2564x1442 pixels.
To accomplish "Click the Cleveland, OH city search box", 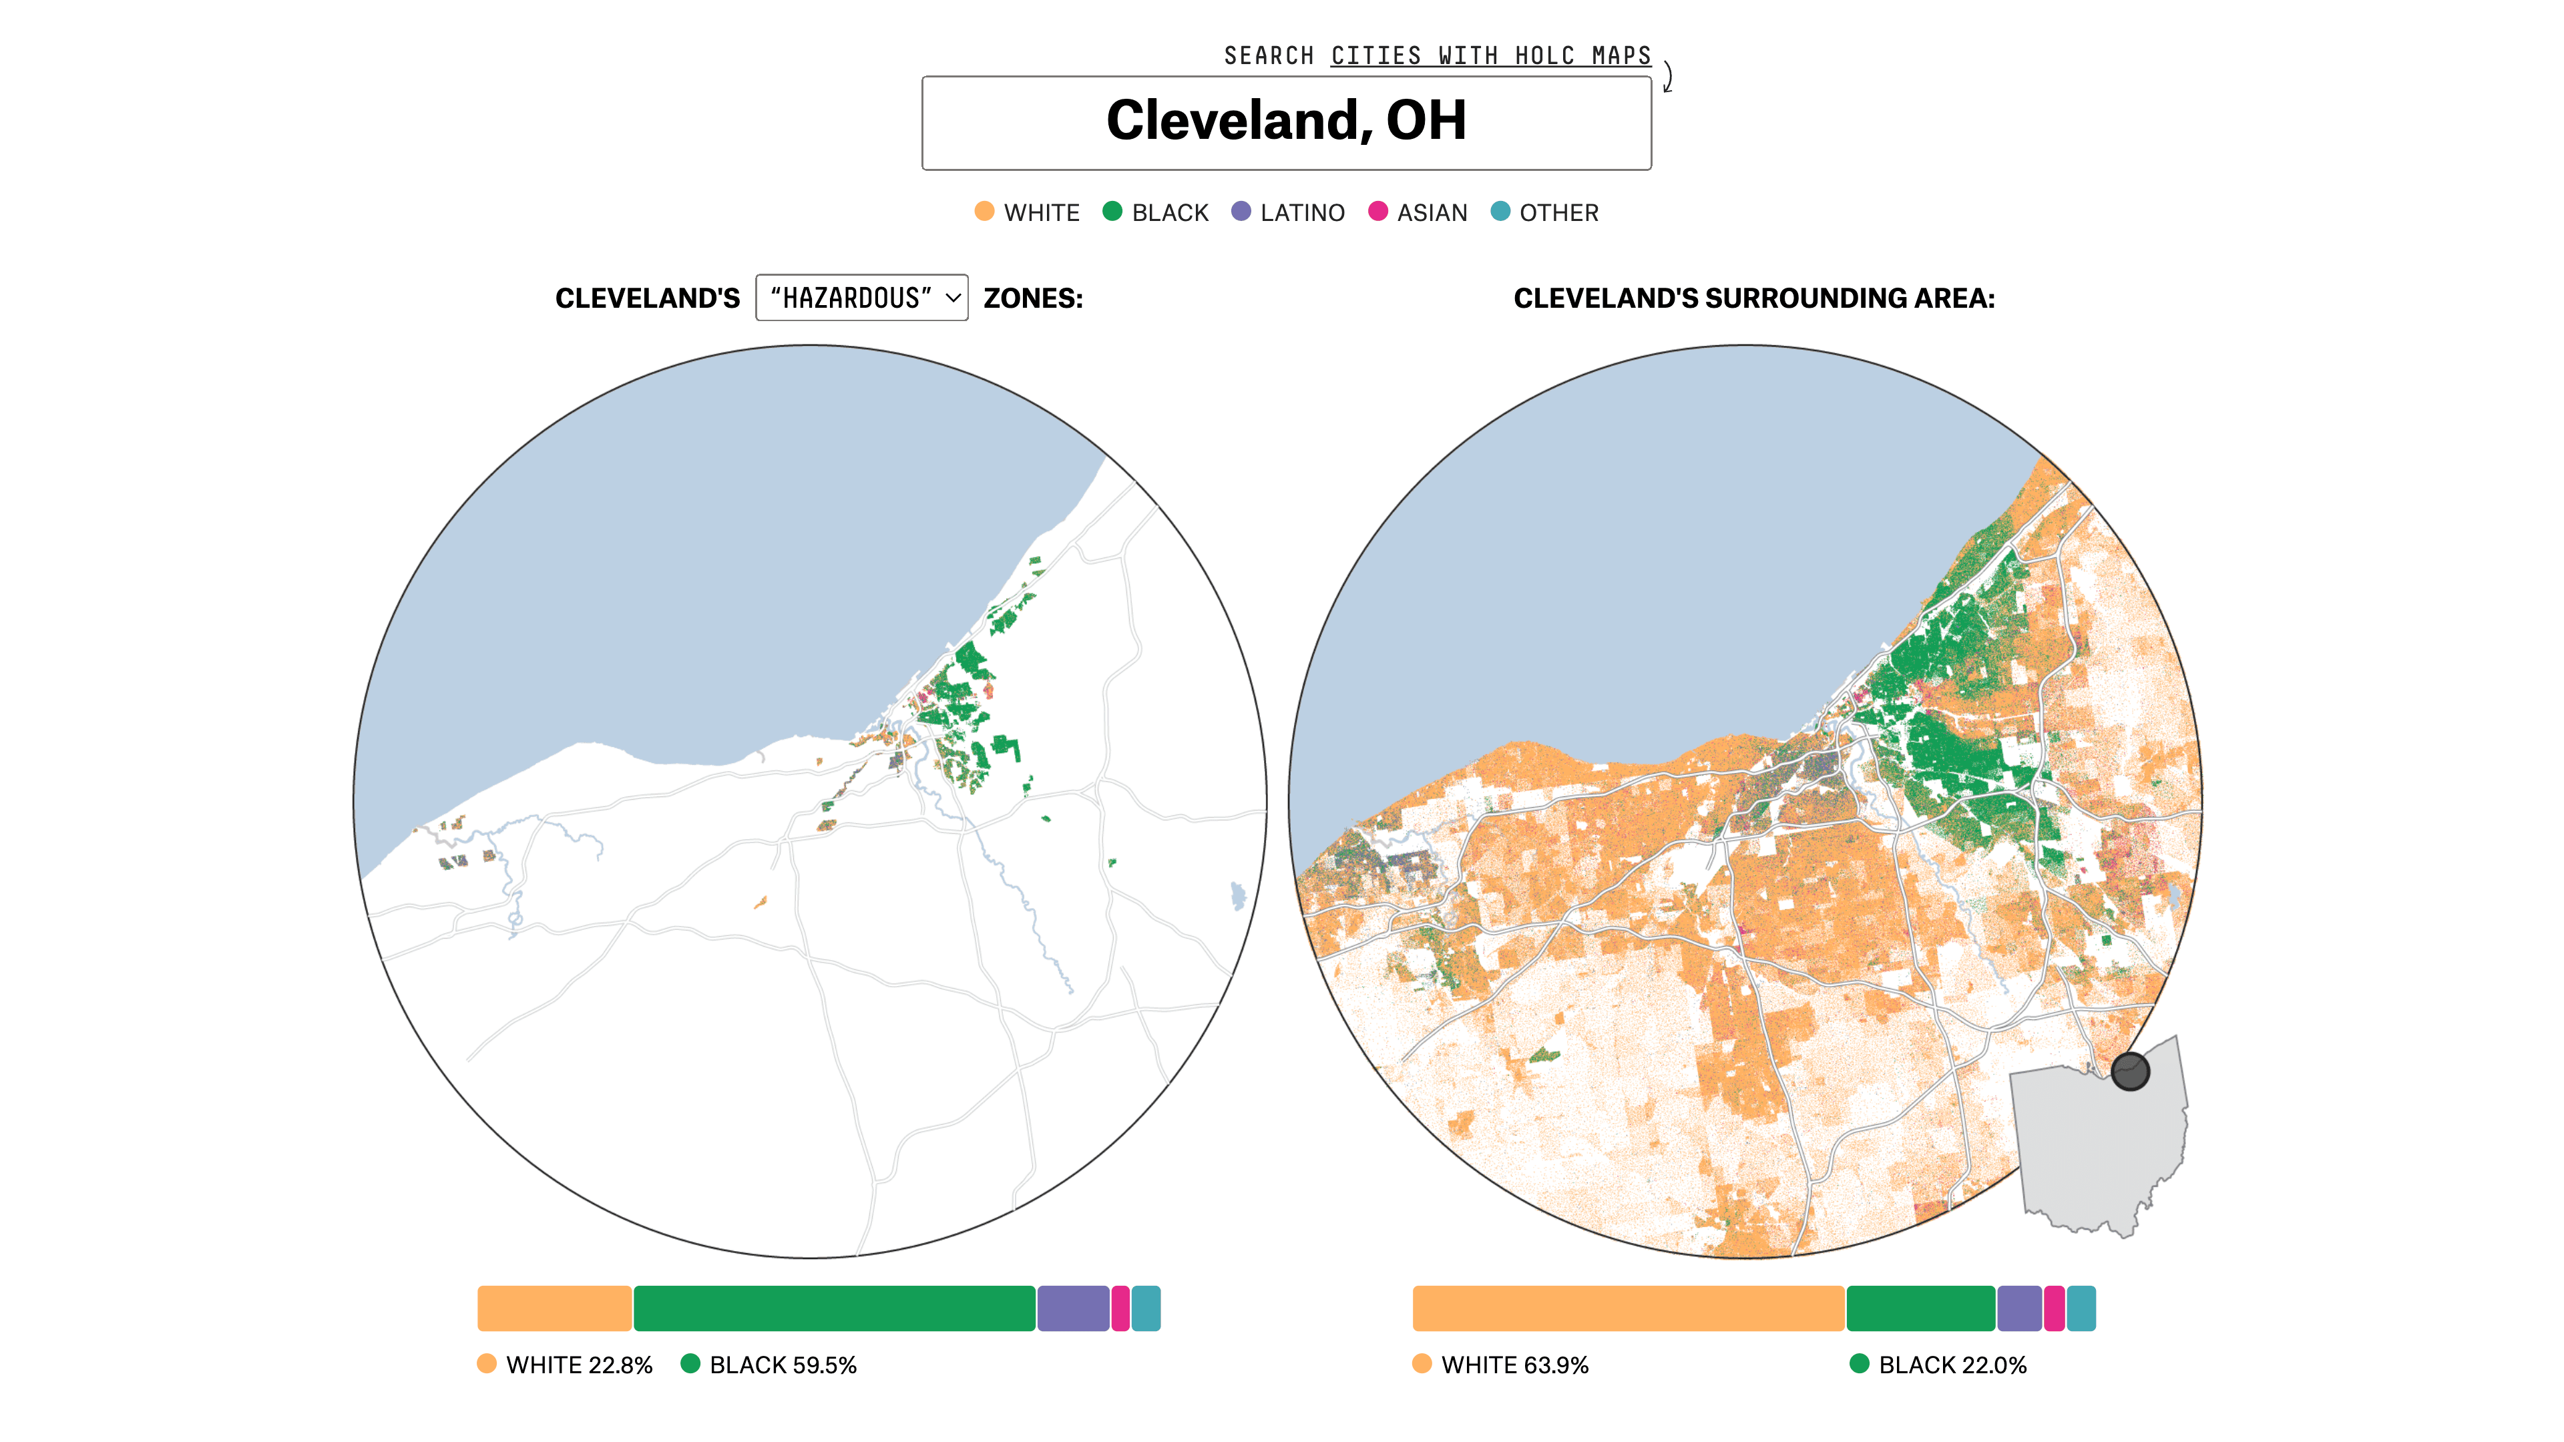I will coord(1286,122).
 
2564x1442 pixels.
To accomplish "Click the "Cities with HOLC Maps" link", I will coord(1490,55).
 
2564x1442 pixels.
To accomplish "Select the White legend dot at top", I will coord(984,211).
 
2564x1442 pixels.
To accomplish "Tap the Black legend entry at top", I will coord(1156,212).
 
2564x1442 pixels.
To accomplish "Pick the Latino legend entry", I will coord(1288,212).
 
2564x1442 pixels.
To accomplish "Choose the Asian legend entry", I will coord(1418,212).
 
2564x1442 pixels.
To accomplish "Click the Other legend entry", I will coord(1545,212).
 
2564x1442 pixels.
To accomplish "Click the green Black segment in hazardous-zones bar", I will coord(834,1308).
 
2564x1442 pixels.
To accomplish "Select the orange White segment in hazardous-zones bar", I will coord(554,1308).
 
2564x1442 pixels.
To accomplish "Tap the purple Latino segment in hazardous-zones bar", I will coord(1073,1308).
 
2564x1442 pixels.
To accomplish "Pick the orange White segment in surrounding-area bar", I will coord(1627,1308).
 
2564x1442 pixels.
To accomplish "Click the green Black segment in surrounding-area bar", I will coord(1920,1308).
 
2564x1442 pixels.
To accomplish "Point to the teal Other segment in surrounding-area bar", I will coord(2081,1308).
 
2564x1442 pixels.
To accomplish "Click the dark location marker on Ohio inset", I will coord(2130,1071).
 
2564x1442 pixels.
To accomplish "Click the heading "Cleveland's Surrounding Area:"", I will coord(1754,298).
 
